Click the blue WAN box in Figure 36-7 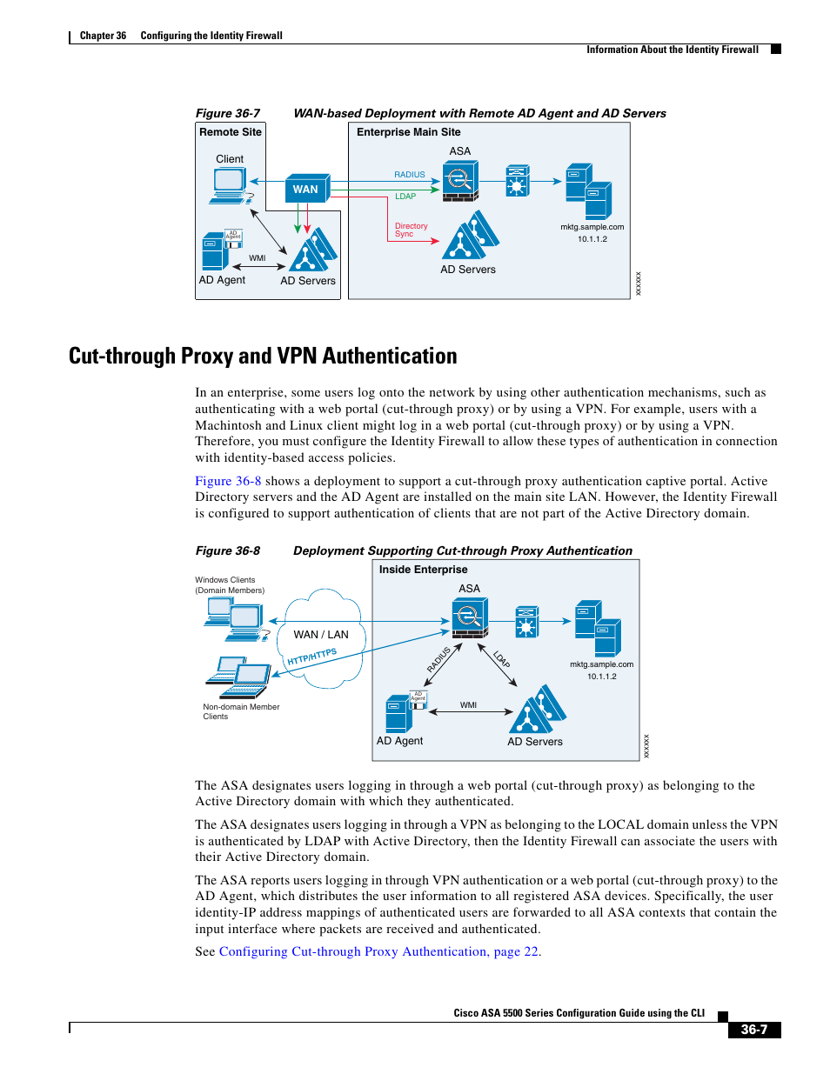[306, 189]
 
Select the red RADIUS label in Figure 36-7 [409, 175]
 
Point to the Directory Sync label [411, 230]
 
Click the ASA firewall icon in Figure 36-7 [459, 182]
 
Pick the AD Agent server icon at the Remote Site [215, 251]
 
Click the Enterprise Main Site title [408, 132]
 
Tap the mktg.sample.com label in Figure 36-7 [592, 227]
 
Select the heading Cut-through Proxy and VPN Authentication [263, 356]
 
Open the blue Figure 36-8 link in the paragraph [228, 481]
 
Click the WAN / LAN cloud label [320, 635]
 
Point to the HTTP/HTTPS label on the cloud [311, 657]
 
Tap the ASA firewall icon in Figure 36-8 [469, 618]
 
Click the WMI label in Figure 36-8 [468, 705]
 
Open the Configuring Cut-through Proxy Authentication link [378, 951]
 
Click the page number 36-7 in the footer [753, 1030]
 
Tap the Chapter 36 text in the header [103, 36]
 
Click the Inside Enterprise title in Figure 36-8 [423, 570]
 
